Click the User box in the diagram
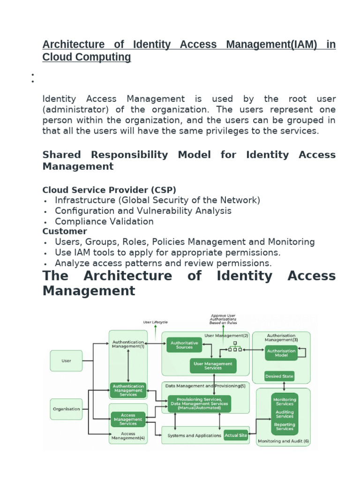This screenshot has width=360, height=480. [67, 361]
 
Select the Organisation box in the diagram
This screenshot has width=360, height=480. [66, 409]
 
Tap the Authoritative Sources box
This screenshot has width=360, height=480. [184, 345]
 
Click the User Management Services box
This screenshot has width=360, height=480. [213, 366]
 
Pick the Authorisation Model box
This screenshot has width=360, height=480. [281, 353]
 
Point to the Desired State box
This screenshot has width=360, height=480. [279, 376]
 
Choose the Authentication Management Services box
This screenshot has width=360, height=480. [128, 390]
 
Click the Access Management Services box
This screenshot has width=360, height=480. [128, 419]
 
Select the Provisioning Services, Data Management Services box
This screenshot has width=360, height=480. [199, 404]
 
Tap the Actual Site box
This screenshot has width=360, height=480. [236, 435]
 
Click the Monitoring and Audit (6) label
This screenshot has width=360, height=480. [283, 441]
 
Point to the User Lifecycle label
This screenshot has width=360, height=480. [155, 322]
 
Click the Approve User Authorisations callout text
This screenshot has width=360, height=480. [223, 319]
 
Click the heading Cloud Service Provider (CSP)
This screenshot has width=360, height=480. [109, 189]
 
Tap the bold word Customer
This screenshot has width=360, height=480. [65, 231]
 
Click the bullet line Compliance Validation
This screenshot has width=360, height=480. [104, 221]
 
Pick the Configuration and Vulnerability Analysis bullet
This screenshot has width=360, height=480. [143, 211]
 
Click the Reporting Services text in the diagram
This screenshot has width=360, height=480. [285, 427]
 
